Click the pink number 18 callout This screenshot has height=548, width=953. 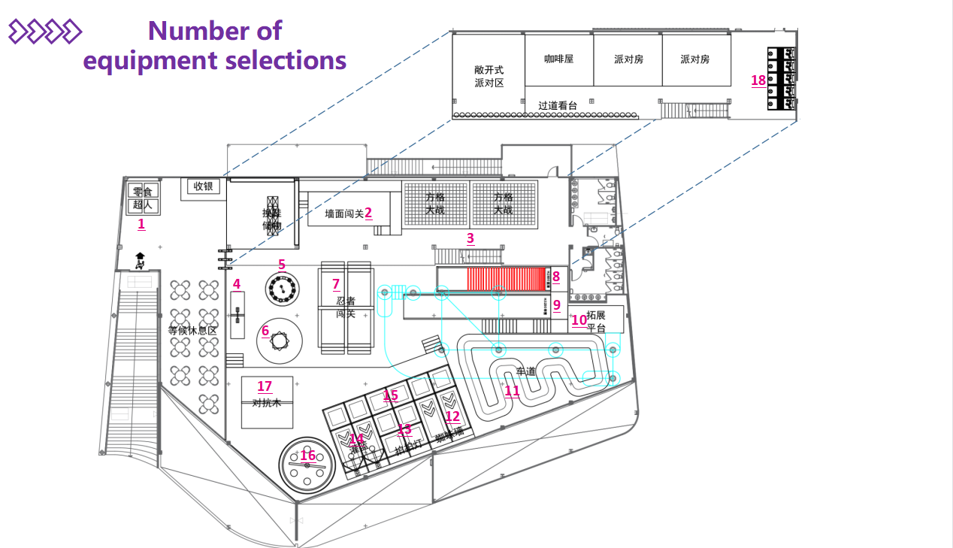tap(758, 80)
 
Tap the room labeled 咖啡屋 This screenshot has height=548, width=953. tap(559, 59)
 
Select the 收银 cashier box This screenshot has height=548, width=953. tap(204, 186)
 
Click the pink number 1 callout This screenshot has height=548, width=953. tap(141, 223)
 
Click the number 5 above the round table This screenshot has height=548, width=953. tap(282, 264)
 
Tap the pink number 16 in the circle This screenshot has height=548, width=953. tap(308, 456)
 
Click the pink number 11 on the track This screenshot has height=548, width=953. tap(512, 390)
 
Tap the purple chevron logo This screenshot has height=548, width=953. tap(44, 32)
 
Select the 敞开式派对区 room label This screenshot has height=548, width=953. tap(489, 76)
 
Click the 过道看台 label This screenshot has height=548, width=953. tap(558, 106)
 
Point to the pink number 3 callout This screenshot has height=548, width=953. tap(470, 238)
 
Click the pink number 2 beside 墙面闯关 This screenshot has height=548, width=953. tap(368, 213)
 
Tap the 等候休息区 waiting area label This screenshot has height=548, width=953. tap(192, 331)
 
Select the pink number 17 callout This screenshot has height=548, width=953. tap(265, 386)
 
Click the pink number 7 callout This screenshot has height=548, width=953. tap(336, 284)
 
